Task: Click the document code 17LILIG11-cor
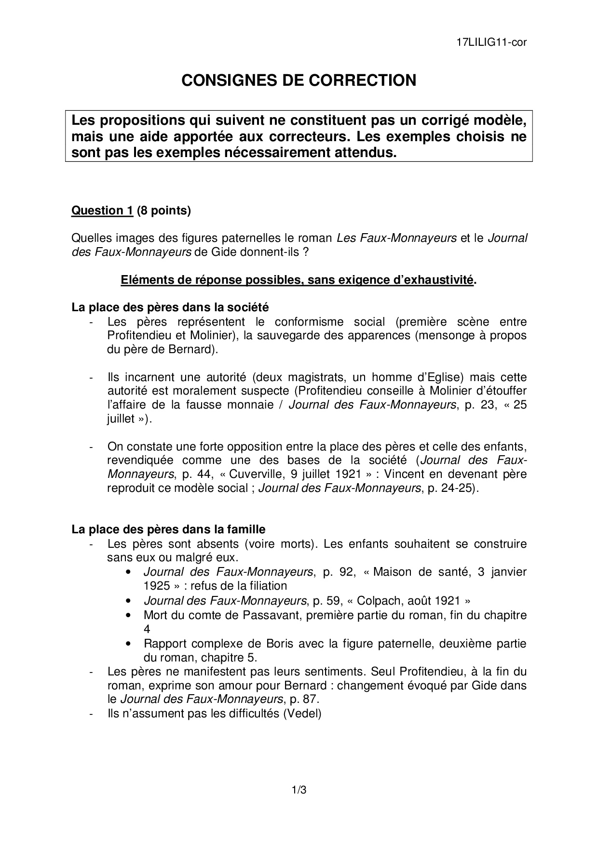pyautogui.click(x=491, y=42)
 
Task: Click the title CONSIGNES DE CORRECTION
pyautogui.click(x=299, y=80)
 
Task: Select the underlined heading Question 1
pyautogui.click(x=102, y=211)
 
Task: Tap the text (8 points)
pyautogui.click(x=164, y=211)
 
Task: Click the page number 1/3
pyautogui.click(x=299, y=790)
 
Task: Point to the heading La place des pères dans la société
pyautogui.click(x=170, y=307)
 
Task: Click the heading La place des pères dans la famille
pyautogui.click(x=168, y=529)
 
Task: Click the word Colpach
pyautogui.click(x=379, y=601)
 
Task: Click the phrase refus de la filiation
pyautogui.click(x=239, y=586)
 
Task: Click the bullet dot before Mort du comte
pyautogui.click(x=128, y=616)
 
